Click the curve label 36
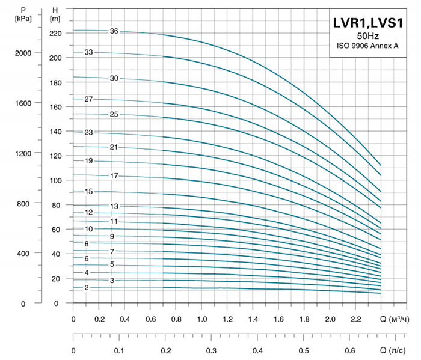[114, 31]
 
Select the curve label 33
[88, 53]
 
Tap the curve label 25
[114, 114]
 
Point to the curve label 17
[114, 175]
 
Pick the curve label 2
[87, 288]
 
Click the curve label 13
[114, 206]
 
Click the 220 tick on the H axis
[55, 33]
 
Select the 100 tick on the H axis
[55, 180]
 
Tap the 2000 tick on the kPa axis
[23, 53]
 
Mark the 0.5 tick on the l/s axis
[305, 350]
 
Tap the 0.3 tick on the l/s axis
[212, 350]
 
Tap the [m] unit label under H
[55, 19]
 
